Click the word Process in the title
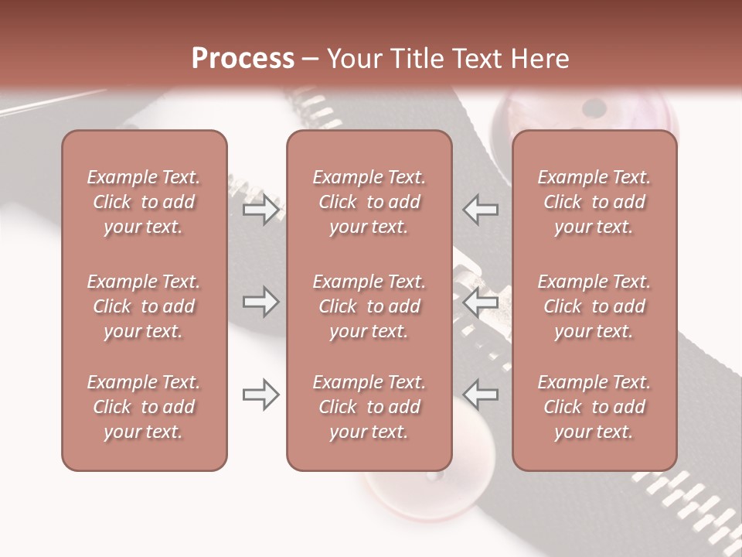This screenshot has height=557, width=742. (x=243, y=59)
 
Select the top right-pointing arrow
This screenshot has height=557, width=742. (x=261, y=210)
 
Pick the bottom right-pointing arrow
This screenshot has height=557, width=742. (x=261, y=395)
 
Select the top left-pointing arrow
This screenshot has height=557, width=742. (x=481, y=210)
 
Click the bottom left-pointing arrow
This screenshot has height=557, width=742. (x=481, y=395)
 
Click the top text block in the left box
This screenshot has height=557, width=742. (x=144, y=202)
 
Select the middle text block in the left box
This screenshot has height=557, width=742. (x=144, y=306)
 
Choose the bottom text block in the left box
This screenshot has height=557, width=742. (x=144, y=407)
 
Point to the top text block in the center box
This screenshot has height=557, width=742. (x=369, y=202)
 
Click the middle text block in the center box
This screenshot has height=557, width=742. (x=369, y=306)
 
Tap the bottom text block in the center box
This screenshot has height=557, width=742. (x=369, y=407)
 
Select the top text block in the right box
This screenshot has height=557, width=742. (x=594, y=202)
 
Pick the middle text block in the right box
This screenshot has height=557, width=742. (x=594, y=306)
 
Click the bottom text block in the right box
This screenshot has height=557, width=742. (x=594, y=407)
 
